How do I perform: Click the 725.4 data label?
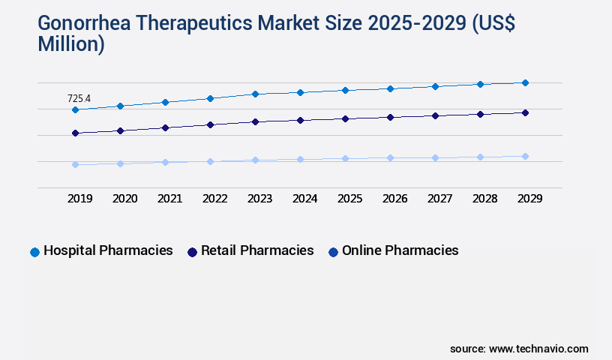79,98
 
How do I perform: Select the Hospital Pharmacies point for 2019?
75,110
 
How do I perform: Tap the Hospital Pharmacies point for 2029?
525,82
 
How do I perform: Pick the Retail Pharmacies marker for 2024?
300,120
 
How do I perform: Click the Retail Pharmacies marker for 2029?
525,112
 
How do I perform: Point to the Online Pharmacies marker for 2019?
75,164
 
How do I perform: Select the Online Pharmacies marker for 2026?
390,157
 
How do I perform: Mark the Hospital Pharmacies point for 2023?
255,94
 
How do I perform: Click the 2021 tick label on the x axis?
169,199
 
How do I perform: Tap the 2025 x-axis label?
349,199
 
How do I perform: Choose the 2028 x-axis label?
484,199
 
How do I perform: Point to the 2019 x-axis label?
79,199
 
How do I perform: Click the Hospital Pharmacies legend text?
108,250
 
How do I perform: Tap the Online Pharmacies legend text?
400,250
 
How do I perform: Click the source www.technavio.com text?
519,349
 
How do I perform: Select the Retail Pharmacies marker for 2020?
120,130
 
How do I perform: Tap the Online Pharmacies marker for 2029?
525,156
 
